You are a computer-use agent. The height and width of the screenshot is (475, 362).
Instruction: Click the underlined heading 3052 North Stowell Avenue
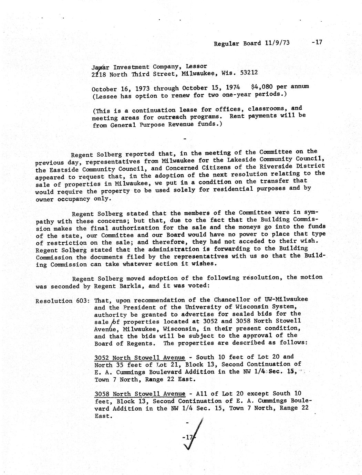139,358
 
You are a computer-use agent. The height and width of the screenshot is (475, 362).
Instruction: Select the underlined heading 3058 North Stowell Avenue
139,394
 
